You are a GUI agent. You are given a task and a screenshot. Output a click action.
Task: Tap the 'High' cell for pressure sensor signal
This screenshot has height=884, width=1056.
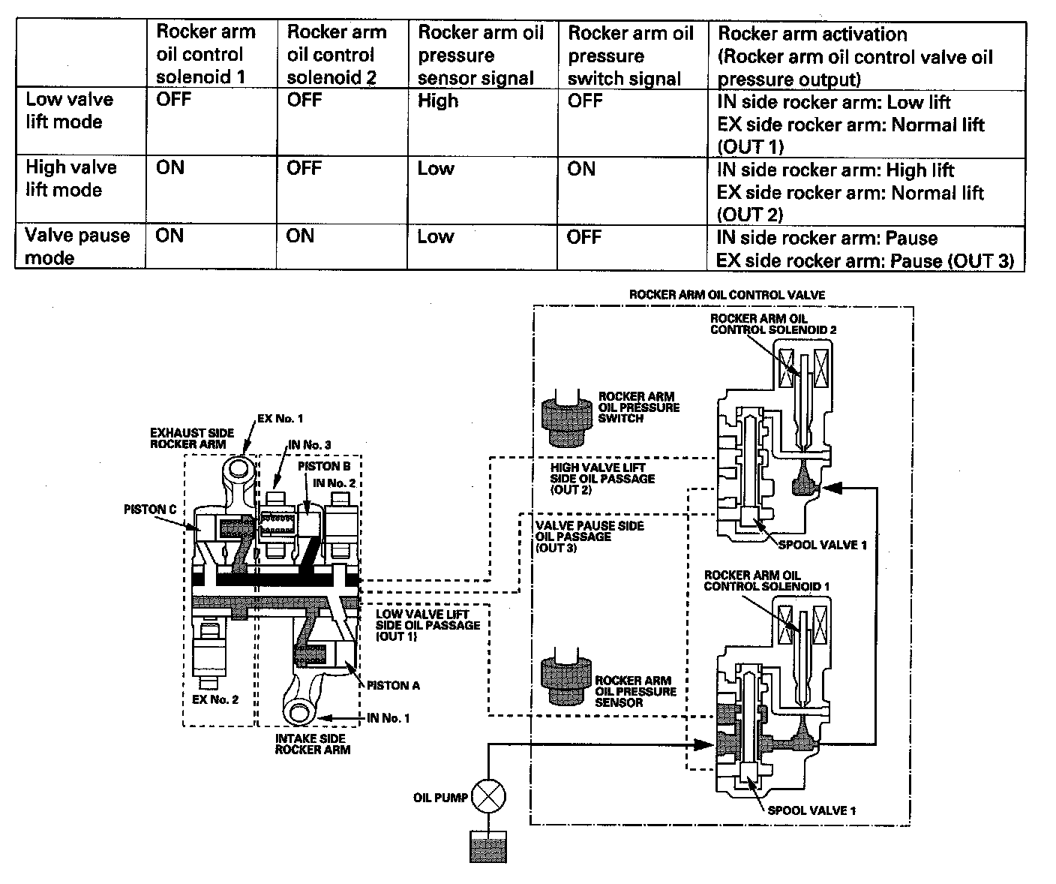click(438, 101)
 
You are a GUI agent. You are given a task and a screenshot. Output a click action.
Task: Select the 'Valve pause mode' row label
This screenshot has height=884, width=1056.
click(77, 247)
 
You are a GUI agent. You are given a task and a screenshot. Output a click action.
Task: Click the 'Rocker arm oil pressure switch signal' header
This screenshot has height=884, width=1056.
click(631, 56)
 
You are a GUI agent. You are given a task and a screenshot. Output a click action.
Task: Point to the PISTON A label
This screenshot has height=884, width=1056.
click(392, 685)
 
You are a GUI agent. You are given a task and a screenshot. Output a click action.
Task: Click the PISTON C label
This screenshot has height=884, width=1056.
click(150, 510)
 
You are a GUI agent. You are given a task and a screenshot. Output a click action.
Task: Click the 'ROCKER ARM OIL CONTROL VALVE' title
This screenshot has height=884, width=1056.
click(726, 295)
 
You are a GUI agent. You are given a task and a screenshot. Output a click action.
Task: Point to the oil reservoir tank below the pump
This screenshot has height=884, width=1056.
click(487, 846)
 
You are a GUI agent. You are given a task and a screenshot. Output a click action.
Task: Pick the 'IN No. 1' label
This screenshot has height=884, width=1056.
click(388, 718)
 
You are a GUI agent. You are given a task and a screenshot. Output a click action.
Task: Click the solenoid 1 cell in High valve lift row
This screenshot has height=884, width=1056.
click(170, 167)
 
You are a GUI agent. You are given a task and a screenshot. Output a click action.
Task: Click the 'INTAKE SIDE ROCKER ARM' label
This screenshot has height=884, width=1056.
click(312, 744)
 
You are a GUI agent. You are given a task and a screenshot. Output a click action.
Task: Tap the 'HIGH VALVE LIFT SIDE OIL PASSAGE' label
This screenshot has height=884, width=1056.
click(602, 479)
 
